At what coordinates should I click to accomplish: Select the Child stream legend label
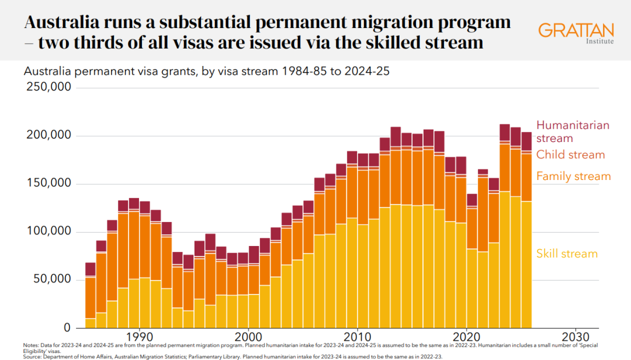570,155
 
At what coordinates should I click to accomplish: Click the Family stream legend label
573,176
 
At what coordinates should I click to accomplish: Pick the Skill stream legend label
567,254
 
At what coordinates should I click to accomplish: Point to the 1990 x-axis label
139,337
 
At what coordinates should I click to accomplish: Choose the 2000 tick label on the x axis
248,337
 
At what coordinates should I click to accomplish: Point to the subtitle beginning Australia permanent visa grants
206,72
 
